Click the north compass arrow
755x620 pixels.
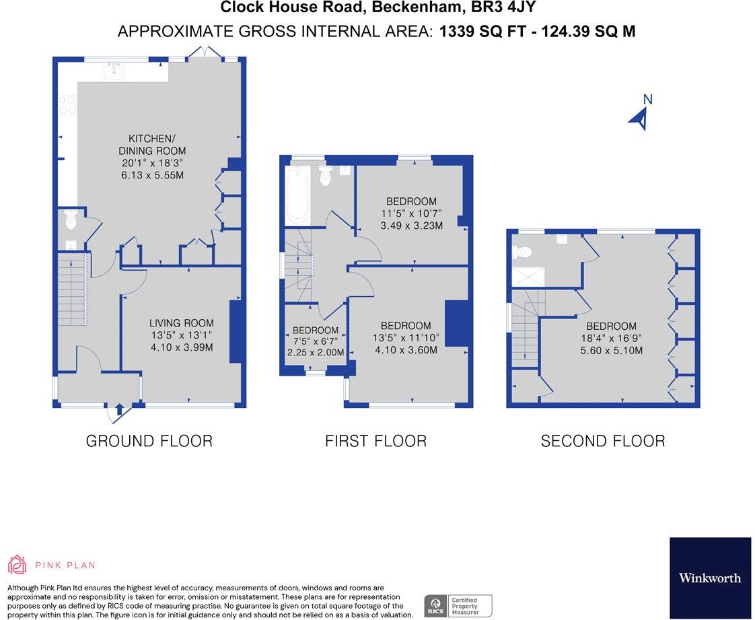coord(640,119)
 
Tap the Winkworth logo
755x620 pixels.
coord(710,578)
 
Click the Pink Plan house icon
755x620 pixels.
coord(17,565)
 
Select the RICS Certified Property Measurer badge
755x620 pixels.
coord(458,606)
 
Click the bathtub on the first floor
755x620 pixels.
coord(297,195)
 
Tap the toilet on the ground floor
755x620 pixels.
coord(71,219)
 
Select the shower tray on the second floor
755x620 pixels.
coord(528,277)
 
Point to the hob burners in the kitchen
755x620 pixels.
coord(67,106)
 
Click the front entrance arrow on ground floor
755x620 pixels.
coord(119,410)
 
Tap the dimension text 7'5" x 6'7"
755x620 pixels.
coord(316,341)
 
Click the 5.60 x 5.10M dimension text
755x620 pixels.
coord(612,351)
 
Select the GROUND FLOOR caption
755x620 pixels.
coord(149,441)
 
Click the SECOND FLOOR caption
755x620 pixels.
coord(603,441)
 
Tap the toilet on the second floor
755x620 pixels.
coord(522,252)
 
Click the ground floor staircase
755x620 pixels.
coord(73,289)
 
